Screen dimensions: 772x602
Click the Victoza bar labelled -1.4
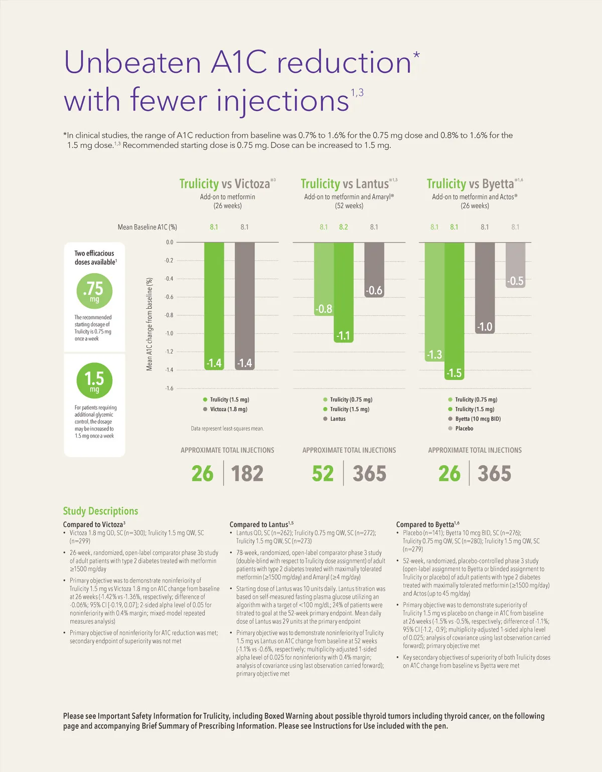[x=244, y=306]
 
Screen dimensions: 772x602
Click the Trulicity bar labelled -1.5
[x=454, y=311]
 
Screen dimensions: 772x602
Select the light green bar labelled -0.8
[x=324, y=279]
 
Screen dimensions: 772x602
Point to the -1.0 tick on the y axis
[x=169, y=333]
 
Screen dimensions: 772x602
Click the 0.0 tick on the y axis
[x=169, y=242]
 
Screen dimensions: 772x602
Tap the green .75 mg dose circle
[x=94, y=291]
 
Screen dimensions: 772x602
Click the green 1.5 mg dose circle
[x=94, y=380]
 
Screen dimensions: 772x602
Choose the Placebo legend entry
[x=464, y=429]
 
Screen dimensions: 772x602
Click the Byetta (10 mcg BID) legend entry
[x=477, y=419]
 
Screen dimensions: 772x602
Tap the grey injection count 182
[x=247, y=474]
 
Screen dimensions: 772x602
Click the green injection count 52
[x=323, y=474]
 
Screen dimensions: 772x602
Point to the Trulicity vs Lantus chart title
[x=345, y=184]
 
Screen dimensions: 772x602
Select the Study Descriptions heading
[x=100, y=511]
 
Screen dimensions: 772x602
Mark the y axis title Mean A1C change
[x=149, y=324]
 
